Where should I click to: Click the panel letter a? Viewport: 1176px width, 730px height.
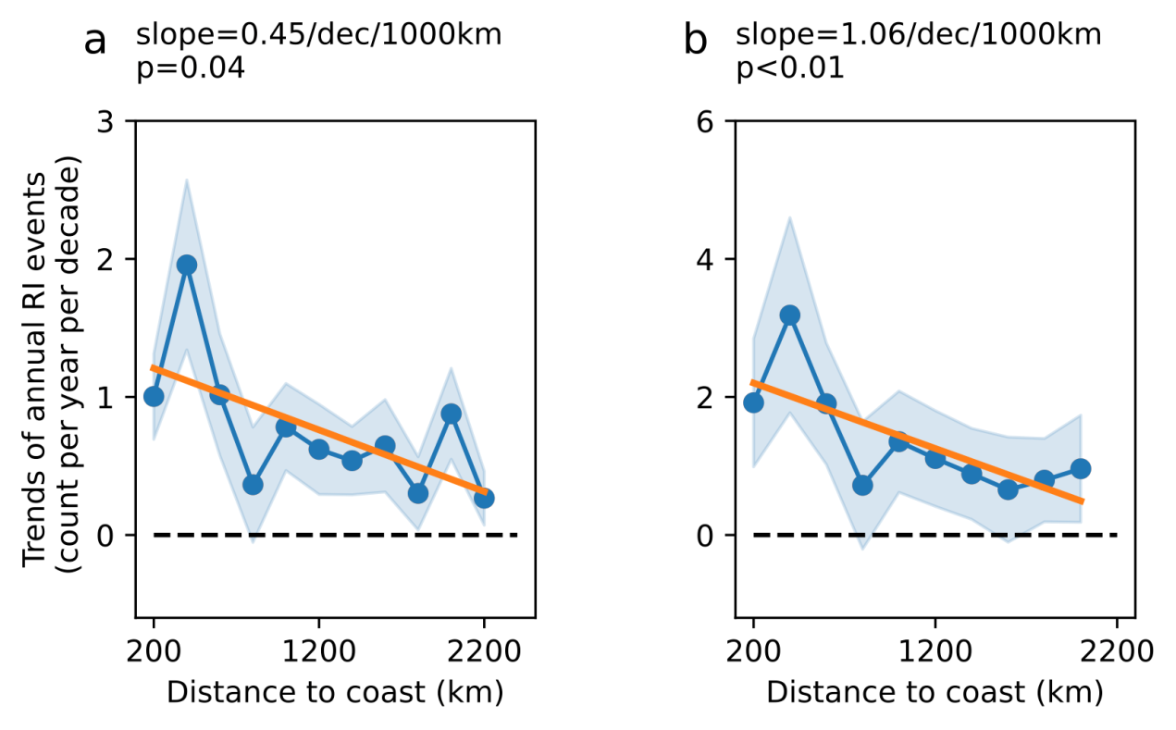[96, 42]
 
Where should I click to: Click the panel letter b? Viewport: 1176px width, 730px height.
[695, 41]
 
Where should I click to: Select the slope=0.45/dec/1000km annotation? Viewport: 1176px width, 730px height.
[319, 36]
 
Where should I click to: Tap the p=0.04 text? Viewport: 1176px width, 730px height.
[191, 69]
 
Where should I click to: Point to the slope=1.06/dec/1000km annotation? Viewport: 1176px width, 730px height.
[919, 36]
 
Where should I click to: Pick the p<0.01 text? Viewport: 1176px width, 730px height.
[790, 69]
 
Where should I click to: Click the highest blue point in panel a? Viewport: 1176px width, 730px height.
[187, 266]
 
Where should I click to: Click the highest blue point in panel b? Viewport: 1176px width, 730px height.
[790, 316]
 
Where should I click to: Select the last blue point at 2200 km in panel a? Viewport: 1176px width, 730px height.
[484, 498]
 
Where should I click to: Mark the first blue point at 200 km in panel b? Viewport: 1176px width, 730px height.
[753, 402]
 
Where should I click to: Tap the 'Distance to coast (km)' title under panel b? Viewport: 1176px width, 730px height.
[935, 692]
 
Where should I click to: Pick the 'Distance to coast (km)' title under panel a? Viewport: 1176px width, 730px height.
[335, 692]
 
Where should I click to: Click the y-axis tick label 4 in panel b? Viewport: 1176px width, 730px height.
[717, 259]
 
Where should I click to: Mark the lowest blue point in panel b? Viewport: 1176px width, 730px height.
[1009, 489]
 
